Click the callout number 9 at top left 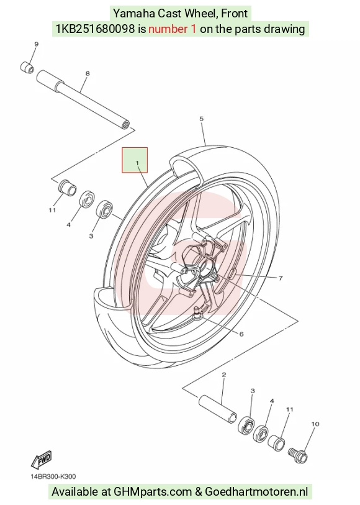[x=36, y=44]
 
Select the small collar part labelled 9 [x=27, y=67]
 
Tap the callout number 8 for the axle [x=88, y=73]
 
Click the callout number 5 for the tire [x=201, y=119]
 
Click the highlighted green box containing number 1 [x=135, y=160]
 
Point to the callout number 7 [x=280, y=278]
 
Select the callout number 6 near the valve [x=241, y=334]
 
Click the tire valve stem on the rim [x=197, y=312]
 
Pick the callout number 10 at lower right [x=315, y=424]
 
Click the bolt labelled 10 [x=298, y=455]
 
